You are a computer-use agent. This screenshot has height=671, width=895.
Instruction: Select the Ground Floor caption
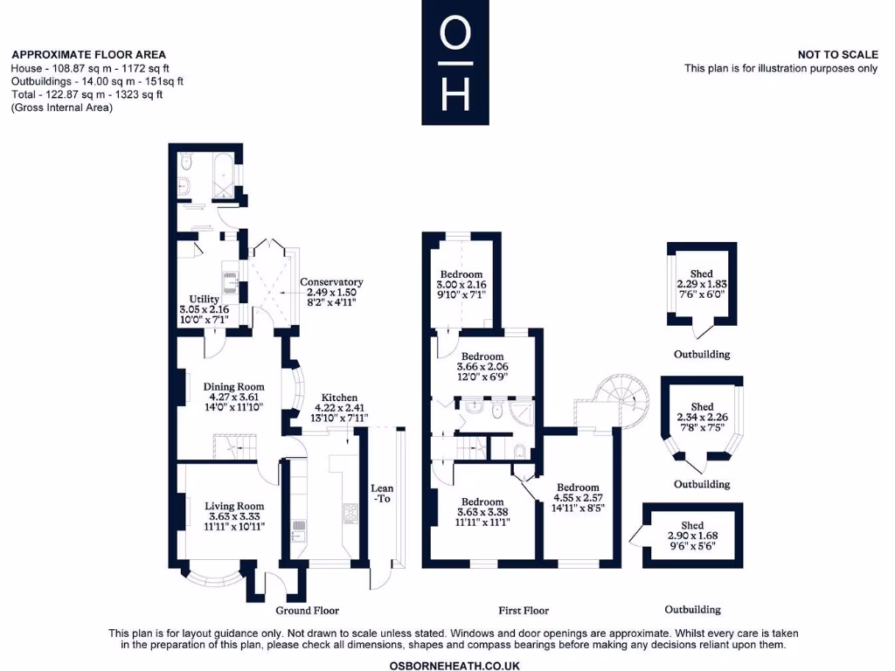[x=307, y=610]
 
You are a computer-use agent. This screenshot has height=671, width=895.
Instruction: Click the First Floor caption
[x=524, y=610]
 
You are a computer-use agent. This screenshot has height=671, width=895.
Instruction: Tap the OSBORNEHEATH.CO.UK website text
[x=447, y=665]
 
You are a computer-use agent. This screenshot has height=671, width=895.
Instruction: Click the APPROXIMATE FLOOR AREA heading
[x=88, y=54]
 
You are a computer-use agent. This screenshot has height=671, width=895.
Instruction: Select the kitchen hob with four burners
[x=351, y=513]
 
